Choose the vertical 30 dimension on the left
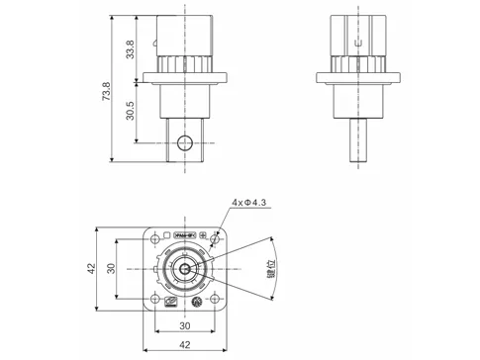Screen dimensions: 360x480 [112, 269]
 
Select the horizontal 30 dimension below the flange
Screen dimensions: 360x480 [185, 327]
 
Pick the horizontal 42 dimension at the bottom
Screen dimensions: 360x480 [185, 345]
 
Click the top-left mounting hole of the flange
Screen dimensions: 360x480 [154, 237]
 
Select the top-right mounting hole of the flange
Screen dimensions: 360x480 [217, 237]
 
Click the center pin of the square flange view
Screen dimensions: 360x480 [185, 269]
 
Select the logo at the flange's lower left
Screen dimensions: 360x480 [171, 302]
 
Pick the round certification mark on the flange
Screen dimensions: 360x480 [196, 303]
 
